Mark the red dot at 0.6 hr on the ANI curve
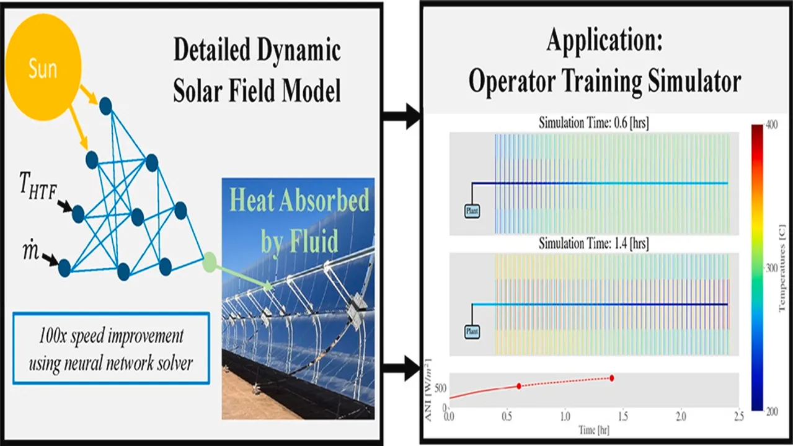[x=519, y=386]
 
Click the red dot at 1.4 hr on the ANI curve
[x=612, y=378]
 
